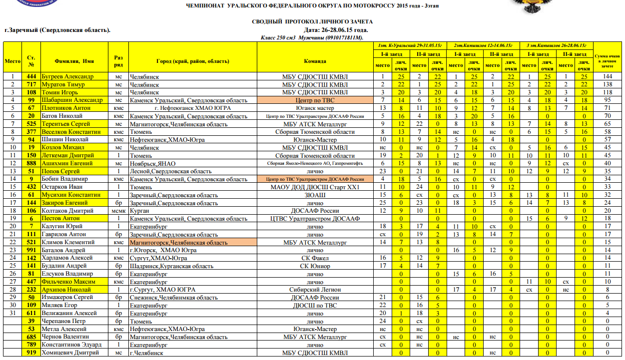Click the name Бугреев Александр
[67, 76]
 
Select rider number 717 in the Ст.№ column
[31, 84]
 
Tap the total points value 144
[607, 76]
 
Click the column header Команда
[315, 61]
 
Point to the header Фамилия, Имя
[74, 61]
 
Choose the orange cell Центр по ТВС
[315, 100]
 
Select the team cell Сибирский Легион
[315, 290]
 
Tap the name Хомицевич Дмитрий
[69, 353]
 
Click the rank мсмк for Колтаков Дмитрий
[118, 211]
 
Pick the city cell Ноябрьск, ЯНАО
[153, 163]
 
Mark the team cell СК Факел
[315, 258]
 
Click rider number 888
[31, 163]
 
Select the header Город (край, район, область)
[192, 61]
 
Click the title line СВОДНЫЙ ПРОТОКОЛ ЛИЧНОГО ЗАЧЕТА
[312, 22]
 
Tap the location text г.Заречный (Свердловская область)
[57, 30]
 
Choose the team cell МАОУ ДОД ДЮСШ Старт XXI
[315, 187]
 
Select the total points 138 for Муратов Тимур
[607, 84]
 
